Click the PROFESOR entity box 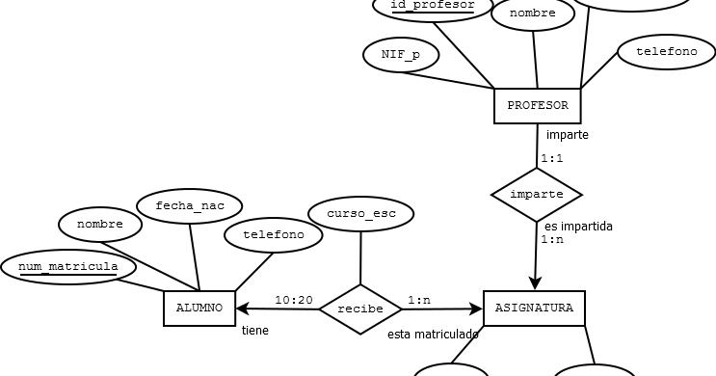pyautogui.click(x=537, y=106)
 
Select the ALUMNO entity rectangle pyautogui.click(x=199, y=309)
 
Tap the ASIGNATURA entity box pyautogui.click(x=533, y=309)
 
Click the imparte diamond pyautogui.click(x=537, y=195)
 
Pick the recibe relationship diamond pyautogui.click(x=360, y=309)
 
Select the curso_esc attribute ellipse pyautogui.click(x=361, y=214)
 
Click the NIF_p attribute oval pyautogui.click(x=401, y=55)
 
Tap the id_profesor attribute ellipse pyautogui.click(x=432, y=7)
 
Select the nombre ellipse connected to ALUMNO pyautogui.click(x=100, y=225)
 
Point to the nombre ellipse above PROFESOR pyautogui.click(x=532, y=14)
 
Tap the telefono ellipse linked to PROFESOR pyautogui.click(x=666, y=52)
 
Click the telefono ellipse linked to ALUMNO pyautogui.click(x=273, y=234)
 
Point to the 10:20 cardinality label pyautogui.click(x=294, y=300)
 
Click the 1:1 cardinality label pyautogui.click(x=551, y=158)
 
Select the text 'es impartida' pyautogui.click(x=578, y=227)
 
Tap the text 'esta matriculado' pyautogui.click(x=433, y=335)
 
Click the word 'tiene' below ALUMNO pyautogui.click(x=254, y=331)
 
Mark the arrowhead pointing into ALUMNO pyautogui.click(x=241, y=309)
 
